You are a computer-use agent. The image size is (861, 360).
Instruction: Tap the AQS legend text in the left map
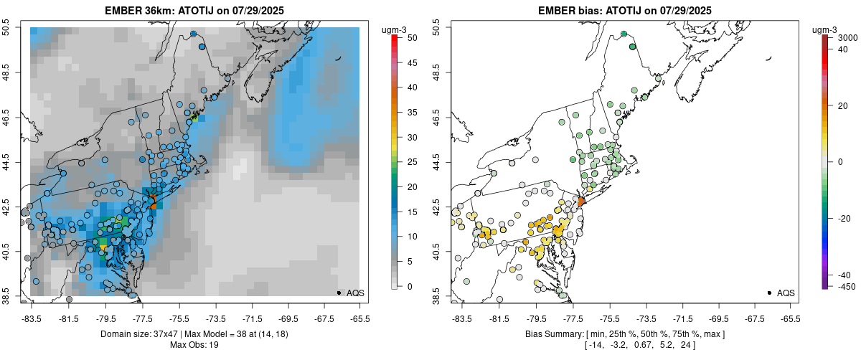coord(355,293)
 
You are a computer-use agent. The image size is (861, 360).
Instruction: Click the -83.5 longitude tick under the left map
coord(32,319)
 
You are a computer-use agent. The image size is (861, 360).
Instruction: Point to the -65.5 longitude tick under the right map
coord(790,319)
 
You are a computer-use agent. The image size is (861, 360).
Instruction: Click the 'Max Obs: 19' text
coord(194,345)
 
